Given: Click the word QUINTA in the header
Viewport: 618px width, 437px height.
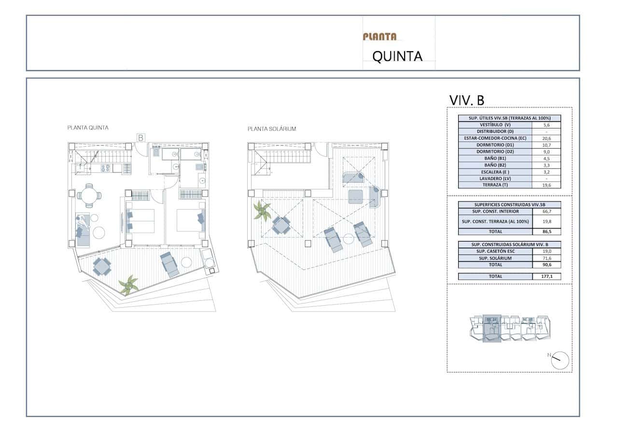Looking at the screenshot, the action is pyautogui.click(x=397, y=56).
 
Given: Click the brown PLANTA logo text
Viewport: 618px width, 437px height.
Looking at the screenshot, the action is pyautogui.click(x=379, y=37).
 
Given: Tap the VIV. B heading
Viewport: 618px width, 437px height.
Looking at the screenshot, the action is pyautogui.click(x=467, y=100).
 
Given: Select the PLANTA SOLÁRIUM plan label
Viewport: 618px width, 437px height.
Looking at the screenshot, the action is pyautogui.click(x=272, y=129).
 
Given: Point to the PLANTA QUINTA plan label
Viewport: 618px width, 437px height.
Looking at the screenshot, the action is pyautogui.click(x=88, y=128).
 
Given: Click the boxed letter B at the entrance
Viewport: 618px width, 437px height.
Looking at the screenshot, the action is pyautogui.click(x=140, y=138).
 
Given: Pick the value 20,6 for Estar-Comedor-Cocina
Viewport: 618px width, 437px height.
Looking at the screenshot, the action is pyautogui.click(x=546, y=139).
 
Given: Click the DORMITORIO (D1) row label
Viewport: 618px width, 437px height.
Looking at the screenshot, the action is pyautogui.click(x=495, y=145).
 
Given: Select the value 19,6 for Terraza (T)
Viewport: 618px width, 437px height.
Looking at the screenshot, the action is pyautogui.click(x=546, y=185).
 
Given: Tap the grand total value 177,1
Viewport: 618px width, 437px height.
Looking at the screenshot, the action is pyautogui.click(x=547, y=276).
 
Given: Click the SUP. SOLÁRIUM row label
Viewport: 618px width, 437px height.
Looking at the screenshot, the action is pyautogui.click(x=495, y=258).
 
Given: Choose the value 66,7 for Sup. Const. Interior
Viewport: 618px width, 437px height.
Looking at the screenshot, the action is pyautogui.click(x=547, y=211).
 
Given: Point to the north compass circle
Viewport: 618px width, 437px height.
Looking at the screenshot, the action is pyautogui.click(x=560, y=360).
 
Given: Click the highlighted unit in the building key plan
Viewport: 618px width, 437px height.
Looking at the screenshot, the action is pyautogui.click(x=492, y=328).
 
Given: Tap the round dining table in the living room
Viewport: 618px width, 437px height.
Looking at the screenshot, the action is pyautogui.click(x=89, y=196).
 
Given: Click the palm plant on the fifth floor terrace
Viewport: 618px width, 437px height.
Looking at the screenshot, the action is pyautogui.click(x=128, y=284).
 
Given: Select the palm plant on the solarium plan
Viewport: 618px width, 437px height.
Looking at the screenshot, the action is pyautogui.click(x=262, y=211).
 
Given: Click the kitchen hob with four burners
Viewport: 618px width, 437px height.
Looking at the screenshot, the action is pyautogui.click(x=106, y=169).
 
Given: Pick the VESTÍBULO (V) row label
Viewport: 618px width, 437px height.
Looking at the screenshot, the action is pyautogui.click(x=495, y=125).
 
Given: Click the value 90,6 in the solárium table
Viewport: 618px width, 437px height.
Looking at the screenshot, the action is pyautogui.click(x=547, y=265).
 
